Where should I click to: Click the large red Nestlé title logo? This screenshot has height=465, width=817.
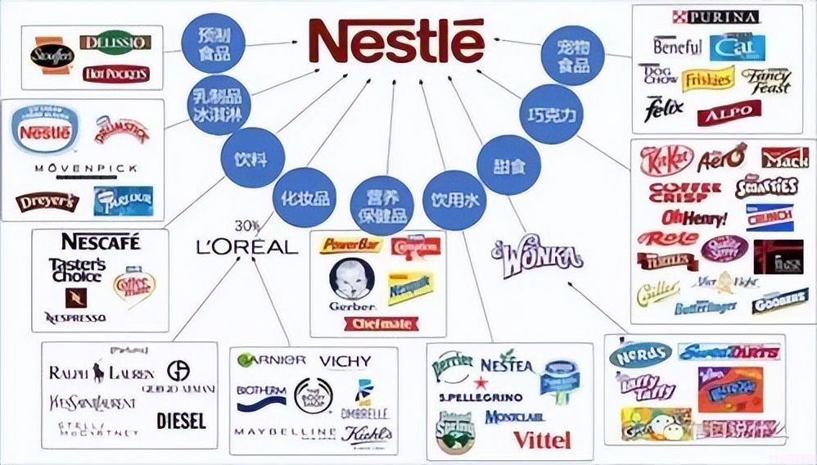tap(391, 39)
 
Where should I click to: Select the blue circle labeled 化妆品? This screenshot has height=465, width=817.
tap(305, 197)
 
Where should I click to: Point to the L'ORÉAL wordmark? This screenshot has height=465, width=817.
tap(246, 246)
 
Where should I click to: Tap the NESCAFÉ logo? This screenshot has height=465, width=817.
tap(101, 242)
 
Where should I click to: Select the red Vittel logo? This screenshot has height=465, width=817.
tap(541, 440)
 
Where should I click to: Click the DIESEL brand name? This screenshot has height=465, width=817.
tap(181, 420)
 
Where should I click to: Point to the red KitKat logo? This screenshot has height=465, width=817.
tap(666, 158)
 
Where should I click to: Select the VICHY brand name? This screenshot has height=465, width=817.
tap(345, 361)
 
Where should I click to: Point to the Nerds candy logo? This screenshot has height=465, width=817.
tap(640, 354)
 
